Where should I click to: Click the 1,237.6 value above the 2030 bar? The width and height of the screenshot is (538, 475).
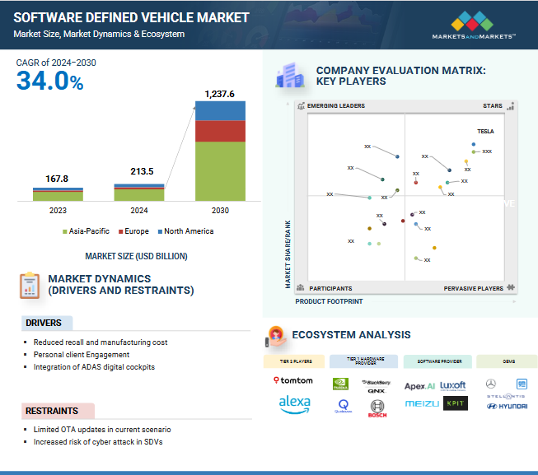click(x=220, y=93)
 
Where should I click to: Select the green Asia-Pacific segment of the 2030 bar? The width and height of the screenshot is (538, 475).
click(x=220, y=171)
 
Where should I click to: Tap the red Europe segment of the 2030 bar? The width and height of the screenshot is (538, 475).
click(x=220, y=132)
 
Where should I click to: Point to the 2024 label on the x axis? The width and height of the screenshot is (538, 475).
click(x=139, y=210)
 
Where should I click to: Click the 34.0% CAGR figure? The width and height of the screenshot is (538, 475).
click(x=49, y=81)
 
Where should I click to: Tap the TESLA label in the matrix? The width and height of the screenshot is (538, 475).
click(x=485, y=132)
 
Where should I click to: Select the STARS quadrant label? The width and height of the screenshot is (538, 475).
click(x=492, y=106)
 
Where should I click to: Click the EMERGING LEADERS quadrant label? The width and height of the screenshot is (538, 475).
click(x=335, y=106)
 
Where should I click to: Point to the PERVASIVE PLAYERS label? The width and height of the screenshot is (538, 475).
click(x=473, y=289)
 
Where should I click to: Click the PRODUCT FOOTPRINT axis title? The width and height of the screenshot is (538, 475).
click(x=328, y=301)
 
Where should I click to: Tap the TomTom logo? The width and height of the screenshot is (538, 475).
click(x=293, y=380)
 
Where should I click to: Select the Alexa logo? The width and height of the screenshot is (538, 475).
click(x=293, y=403)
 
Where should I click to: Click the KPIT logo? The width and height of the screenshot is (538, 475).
click(x=454, y=403)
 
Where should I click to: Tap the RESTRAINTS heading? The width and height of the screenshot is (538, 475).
click(x=52, y=411)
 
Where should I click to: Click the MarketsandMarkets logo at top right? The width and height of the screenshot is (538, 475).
click(x=474, y=25)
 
